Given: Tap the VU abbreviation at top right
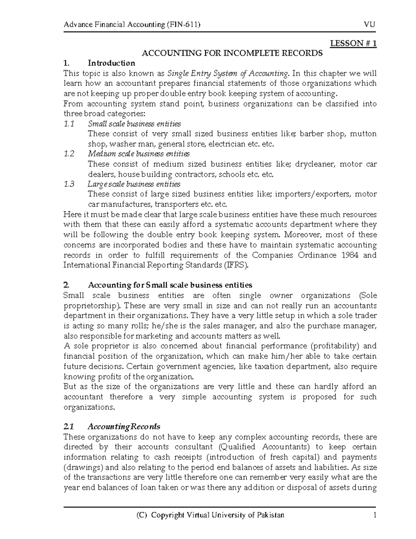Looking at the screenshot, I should [x=370, y=25].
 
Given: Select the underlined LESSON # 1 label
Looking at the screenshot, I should [x=353, y=43].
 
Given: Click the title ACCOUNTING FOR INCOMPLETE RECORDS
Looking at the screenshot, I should [x=232, y=53].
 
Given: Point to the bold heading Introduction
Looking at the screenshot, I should [x=111, y=63].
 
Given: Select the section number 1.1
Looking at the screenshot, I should [x=69, y=124].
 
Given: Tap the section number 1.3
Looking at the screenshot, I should [x=69, y=184].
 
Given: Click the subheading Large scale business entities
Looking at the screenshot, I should [x=134, y=184].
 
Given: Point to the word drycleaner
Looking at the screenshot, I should [x=315, y=164].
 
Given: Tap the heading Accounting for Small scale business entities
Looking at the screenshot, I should [x=170, y=285].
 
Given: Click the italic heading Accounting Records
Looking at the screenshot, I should [x=124, y=426].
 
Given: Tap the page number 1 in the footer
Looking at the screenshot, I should [x=374, y=515].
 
